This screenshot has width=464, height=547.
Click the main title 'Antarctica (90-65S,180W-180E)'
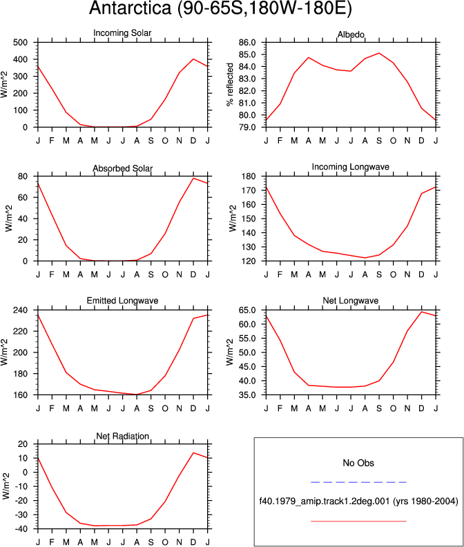click(220, 8)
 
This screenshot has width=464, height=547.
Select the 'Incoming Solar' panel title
click(122, 33)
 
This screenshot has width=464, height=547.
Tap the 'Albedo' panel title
click(351, 34)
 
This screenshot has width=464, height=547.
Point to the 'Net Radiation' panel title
click(122, 436)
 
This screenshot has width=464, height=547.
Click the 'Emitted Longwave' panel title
click(122, 301)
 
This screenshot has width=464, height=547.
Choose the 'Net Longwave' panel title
click(351, 301)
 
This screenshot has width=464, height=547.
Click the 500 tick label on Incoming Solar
click(20, 43)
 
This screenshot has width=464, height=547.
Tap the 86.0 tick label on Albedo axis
click(247, 43)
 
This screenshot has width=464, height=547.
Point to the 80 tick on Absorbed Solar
click(23, 177)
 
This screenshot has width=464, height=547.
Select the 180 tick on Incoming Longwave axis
click(249, 177)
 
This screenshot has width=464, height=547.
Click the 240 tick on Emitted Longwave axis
click(20, 310)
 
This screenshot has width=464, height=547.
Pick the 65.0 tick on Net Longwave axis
click(247, 310)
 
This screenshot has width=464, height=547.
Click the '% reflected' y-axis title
click(230, 84)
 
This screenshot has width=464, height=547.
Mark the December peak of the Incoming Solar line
click(193, 59)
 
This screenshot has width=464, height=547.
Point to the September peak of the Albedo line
click(379, 53)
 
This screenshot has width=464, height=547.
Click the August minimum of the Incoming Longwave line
click(365, 258)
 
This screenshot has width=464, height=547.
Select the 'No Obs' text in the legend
click(358, 463)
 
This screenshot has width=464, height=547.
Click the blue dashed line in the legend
click(358, 482)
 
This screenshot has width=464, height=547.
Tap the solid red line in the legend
click(358, 521)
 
